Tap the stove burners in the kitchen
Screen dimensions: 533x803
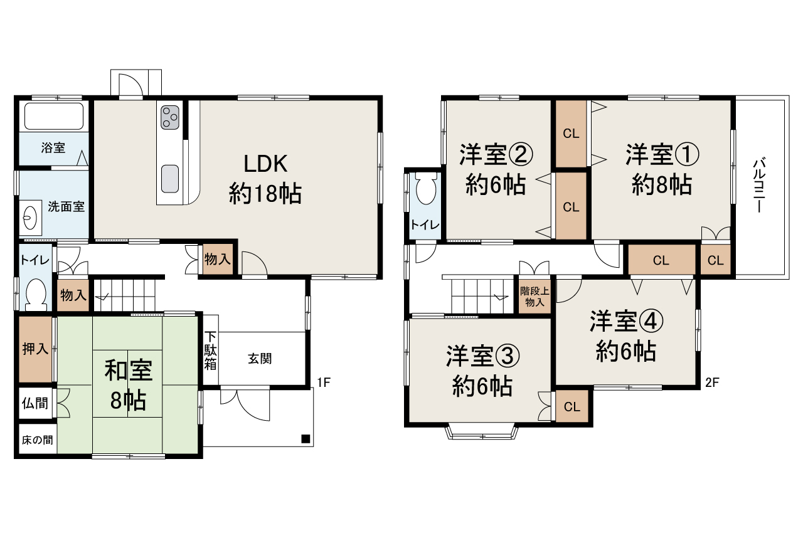point(170,117)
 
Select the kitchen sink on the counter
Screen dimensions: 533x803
point(170,179)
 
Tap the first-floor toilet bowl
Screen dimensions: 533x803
point(36,293)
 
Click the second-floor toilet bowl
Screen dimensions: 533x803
point(426,189)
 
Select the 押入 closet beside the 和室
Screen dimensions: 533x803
point(35,349)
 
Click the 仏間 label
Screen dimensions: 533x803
point(35,403)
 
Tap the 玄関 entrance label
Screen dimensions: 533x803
point(259,359)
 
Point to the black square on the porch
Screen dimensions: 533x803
point(306,438)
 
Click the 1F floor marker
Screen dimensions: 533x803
point(324,382)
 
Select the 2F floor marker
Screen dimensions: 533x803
point(712,382)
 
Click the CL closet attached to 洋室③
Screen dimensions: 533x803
point(572,406)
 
